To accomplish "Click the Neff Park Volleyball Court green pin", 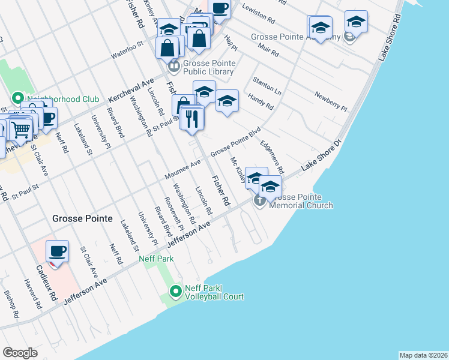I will point(175,292).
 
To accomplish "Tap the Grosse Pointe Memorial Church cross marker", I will point(260,200).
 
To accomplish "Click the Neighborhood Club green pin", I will point(17,97).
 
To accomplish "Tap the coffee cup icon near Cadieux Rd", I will point(57,251).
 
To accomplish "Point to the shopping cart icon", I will point(20,128).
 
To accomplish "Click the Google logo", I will point(20,352).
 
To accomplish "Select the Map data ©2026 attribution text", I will point(423,355).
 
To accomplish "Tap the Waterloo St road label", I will point(127,50).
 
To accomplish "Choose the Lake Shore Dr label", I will point(321,157).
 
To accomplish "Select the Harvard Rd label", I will point(31,290).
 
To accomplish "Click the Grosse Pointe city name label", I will point(82,218).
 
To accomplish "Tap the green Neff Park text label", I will point(156,259).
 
